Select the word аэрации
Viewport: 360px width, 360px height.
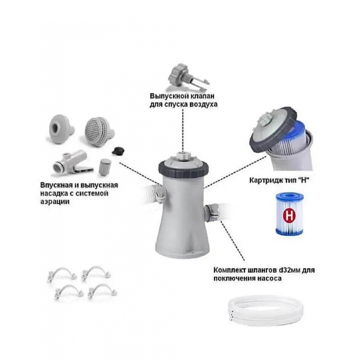point(55,202)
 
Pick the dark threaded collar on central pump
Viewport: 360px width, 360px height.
point(183,170)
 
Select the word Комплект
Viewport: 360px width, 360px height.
point(229,270)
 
